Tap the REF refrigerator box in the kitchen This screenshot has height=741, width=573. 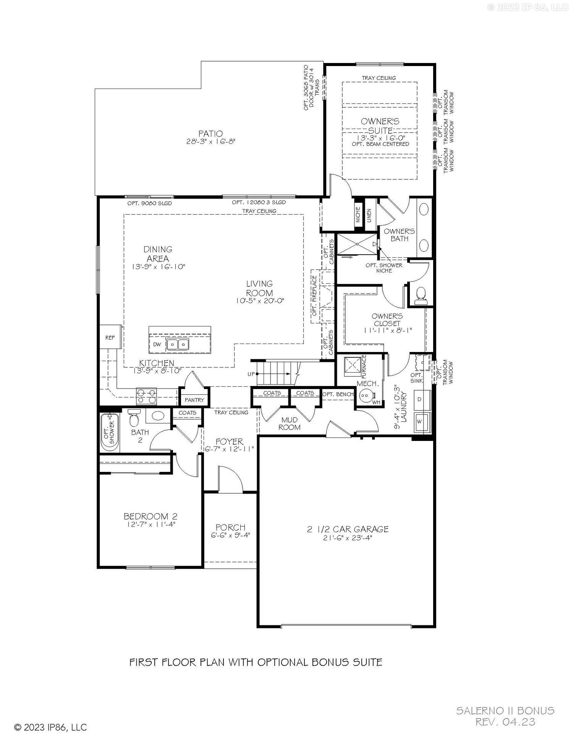pos(110,337)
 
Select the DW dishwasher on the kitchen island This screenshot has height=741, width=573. pos(157,344)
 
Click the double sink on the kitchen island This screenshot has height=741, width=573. pos(178,344)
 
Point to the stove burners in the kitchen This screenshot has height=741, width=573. pos(147,396)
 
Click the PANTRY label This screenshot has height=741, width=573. pos(194,400)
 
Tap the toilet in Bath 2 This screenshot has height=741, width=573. pos(134,418)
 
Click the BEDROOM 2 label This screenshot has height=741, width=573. pos(151,516)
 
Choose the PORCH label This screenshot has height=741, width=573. pos(230,528)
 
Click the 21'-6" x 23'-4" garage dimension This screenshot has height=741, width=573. pos(348,538)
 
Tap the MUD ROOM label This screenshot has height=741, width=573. pos(289,423)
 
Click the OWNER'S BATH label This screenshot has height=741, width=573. pos(399,235)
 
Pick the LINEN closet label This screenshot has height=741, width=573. pos(369,215)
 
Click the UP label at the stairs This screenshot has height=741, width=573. pos(251,374)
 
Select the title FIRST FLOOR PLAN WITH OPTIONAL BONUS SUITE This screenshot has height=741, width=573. pos(256,662)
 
